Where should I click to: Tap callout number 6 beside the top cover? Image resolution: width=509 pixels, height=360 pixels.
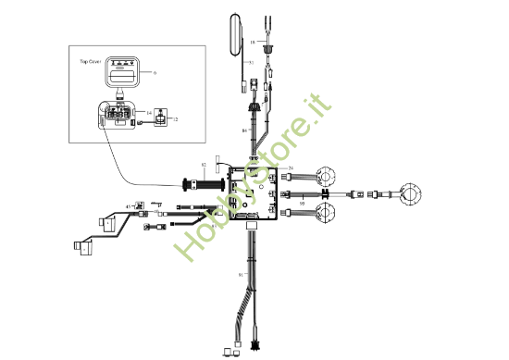coord(155,71)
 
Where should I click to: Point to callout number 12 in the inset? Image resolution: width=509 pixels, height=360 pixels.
coord(176,119)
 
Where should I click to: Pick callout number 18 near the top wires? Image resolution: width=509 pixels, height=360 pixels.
coord(252,42)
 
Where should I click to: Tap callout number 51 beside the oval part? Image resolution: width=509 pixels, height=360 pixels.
coord(250,62)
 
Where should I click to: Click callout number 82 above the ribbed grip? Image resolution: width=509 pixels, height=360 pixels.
coord(204,165)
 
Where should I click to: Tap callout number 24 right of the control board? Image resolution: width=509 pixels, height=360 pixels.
coord(291,168)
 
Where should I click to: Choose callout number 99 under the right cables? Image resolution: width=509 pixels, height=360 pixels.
coord(302,201)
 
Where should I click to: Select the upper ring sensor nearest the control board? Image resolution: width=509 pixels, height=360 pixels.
coord(329,173)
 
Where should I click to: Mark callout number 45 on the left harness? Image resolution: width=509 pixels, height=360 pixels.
coord(128,205)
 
